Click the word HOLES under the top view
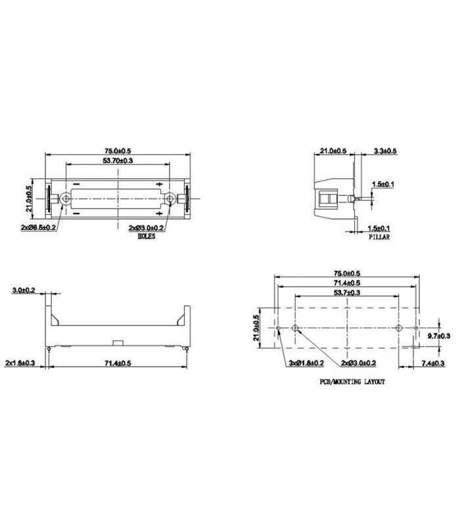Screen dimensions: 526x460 146,237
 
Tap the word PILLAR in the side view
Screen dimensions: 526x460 379,237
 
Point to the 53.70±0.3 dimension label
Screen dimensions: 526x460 118,161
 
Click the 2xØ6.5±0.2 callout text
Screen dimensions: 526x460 38,227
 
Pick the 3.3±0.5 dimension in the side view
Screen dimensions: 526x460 385,152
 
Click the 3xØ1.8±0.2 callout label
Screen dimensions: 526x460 304,363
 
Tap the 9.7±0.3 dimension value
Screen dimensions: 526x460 438,336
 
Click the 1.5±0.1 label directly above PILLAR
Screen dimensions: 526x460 380,227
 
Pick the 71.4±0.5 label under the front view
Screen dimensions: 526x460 119,363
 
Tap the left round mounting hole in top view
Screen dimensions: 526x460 66,199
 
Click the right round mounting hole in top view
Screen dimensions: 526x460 171,199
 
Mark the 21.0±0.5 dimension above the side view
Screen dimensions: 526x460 333,152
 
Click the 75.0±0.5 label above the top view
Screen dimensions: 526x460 118,151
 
